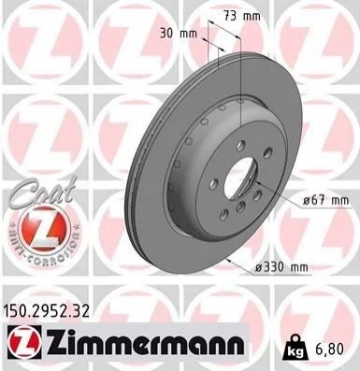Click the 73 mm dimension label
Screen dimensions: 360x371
(x=242, y=16)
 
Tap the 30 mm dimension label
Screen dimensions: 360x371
(x=179, y=34)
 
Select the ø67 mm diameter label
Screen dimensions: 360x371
(x=326, y=201)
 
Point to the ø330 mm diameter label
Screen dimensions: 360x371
(x=281, y=267)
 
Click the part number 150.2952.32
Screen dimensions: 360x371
(x=46, y=311)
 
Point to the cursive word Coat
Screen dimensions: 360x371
(x=43, y=193)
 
